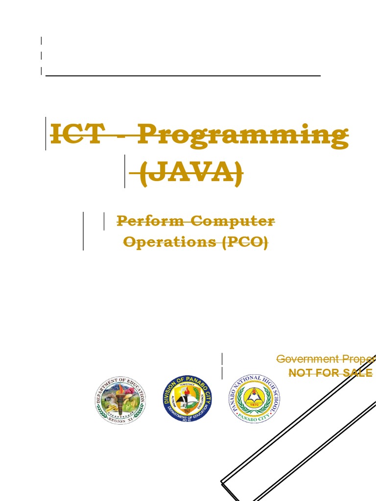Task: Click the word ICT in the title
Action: click(x=77, y=134)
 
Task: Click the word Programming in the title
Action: click(x=243, y=136)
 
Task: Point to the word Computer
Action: click(x=233, y=221)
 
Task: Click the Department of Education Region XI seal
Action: click(x=120, y=400)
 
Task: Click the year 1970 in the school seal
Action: click(x=253, y=405)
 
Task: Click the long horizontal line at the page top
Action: click(x=183, y=76)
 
